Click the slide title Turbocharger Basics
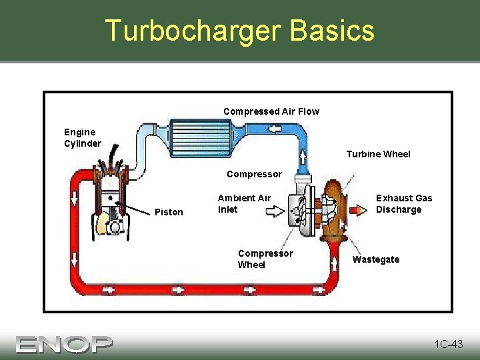[240, 31]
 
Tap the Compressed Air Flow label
[271, 111]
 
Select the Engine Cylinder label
[83, 137]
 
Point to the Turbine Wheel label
[378, 154]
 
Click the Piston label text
[169, 212]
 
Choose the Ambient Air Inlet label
[244, 203]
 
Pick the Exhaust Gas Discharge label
[404, 203]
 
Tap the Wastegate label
[376, 259]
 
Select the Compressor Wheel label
[265, 259]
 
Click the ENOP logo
[65, 343]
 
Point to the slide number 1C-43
[448, 344]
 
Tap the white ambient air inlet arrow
[274, 212]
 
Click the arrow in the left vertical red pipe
[74, 199]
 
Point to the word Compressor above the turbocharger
[254, 174]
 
